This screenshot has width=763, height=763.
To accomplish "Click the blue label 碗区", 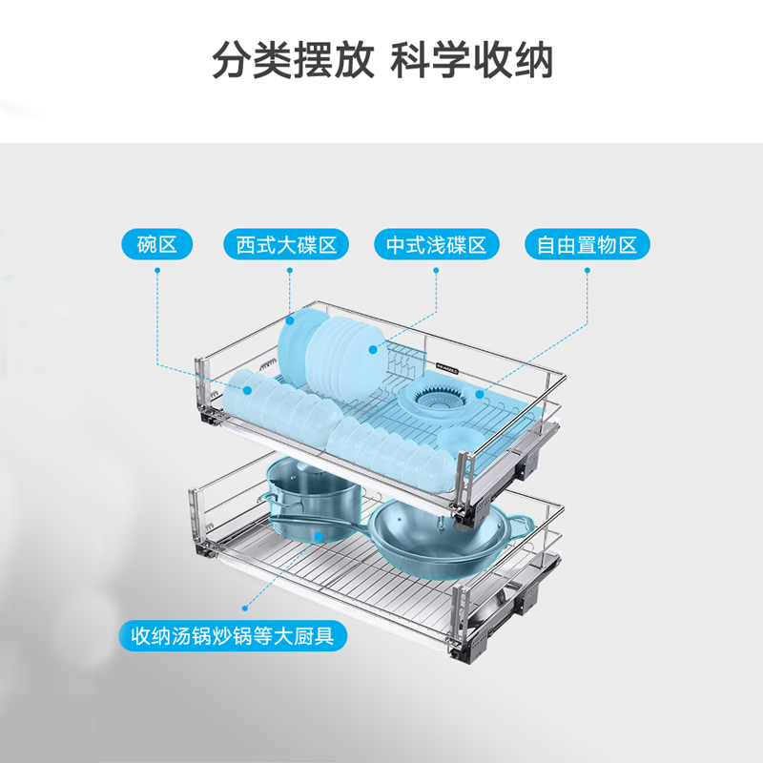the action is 157,245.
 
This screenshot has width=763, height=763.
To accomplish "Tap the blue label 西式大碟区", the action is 287,245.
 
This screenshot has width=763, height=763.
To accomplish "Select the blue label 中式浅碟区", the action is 436,245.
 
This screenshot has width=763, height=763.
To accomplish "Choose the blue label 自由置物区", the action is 587,245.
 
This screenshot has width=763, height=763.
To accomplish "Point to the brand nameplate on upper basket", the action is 447,363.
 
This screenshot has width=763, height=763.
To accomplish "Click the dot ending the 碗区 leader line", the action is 247,389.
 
